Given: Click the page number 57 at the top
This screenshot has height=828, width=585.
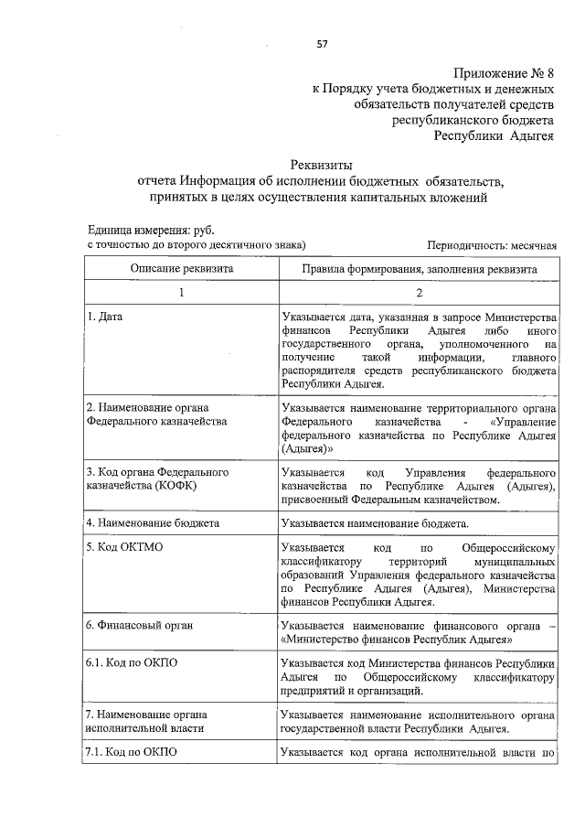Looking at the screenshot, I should pos(322,43).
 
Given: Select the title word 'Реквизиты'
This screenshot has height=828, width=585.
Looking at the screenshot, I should pos(321,165).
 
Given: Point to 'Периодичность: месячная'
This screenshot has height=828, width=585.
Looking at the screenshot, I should pos(492,246).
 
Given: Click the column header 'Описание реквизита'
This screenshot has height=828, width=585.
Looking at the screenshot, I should pos(181,269).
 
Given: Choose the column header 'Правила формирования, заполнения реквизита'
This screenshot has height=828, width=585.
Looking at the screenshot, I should pos(420,269).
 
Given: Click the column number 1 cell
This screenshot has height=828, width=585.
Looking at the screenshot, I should pos(181,292).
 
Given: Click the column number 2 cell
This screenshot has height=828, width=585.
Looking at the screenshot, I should pos(420,292).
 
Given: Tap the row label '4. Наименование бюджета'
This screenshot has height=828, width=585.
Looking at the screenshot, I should pos(153,524).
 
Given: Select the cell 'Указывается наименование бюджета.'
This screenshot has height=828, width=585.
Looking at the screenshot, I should pos(376,524).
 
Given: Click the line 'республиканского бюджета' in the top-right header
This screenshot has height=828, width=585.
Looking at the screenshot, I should pos(473,120).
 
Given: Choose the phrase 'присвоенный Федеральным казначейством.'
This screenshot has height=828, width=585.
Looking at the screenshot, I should pos(391,500).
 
